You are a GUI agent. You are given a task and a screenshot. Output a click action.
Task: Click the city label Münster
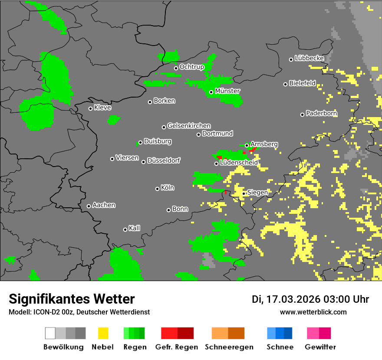(227, 91)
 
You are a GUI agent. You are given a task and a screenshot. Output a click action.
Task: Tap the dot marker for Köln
(157, 189)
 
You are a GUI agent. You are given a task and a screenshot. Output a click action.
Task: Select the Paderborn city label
(321, 114)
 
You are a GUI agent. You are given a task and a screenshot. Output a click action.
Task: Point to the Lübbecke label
(309, 58)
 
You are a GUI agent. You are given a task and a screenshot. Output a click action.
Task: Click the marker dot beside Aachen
(89, 206)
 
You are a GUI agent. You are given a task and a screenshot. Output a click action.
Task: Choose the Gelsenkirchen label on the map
(189, 126)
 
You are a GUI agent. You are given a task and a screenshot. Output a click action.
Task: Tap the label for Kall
(135, 228)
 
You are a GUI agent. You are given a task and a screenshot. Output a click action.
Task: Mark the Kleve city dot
(90, 108)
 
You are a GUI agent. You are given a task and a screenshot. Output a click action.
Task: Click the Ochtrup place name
(192, 67)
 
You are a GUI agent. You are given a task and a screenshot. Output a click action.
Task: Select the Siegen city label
(257, 193)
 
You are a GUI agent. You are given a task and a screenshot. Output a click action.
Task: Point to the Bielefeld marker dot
(285, 84)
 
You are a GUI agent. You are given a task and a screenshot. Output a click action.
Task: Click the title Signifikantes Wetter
(72, 299)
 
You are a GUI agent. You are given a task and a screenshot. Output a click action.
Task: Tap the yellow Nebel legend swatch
(103, 333)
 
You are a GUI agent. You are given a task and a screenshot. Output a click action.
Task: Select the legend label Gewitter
(320, 347)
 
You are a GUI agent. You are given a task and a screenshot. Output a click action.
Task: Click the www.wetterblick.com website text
(313, 312)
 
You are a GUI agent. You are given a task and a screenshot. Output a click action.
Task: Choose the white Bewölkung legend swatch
(50, 333)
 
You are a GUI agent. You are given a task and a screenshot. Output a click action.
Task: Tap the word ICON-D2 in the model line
(44, 312)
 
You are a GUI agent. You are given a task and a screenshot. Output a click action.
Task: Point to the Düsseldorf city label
(164, 161)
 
